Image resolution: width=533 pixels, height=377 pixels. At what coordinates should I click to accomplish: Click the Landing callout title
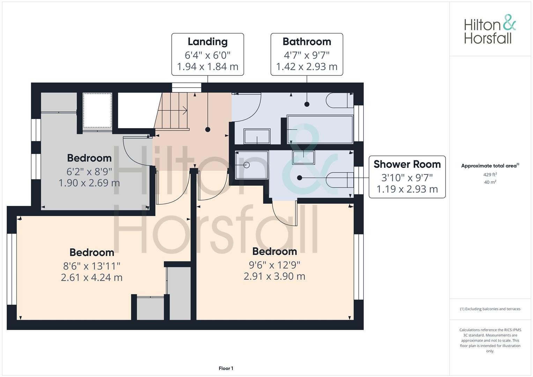[x=207, y=42]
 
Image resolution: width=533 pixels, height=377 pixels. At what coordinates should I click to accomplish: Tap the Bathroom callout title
[x=307, y=42]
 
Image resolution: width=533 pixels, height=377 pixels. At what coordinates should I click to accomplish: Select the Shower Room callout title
[x=407, y=164]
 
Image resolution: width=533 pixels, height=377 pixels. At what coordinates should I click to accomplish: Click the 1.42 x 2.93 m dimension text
[x=307, y=67]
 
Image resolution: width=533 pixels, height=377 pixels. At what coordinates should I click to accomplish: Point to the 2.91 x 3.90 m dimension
[x=274, y=276]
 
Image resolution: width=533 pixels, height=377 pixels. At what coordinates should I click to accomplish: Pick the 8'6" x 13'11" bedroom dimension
[x=91, y=266]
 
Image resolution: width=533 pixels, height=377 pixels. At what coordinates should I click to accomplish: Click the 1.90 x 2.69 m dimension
[x=89, y=183]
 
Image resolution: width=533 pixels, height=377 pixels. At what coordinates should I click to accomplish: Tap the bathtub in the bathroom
[x=320, y=130]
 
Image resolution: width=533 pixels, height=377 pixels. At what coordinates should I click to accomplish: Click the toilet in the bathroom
[x=340, y=100]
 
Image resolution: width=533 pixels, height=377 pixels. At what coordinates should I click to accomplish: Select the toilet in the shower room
[x=340, y=180]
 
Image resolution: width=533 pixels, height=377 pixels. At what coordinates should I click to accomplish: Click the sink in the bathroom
[x=257, y=136]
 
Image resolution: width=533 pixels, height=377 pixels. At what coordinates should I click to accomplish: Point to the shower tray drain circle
[x=246, y=165]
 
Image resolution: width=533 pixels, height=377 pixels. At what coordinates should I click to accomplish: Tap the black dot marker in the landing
[x=208, y=130]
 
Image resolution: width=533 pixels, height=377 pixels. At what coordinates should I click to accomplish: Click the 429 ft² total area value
[x=490, y=175]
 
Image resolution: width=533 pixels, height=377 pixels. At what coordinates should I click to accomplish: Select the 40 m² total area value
[x=490, y=182]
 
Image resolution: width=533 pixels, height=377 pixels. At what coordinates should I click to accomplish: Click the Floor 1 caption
[x=226, y=368]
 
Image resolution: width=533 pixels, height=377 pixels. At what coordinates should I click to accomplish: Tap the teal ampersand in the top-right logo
[x=509, y=22]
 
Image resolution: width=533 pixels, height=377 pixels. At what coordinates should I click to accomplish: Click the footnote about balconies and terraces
[x=490, y=309]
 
